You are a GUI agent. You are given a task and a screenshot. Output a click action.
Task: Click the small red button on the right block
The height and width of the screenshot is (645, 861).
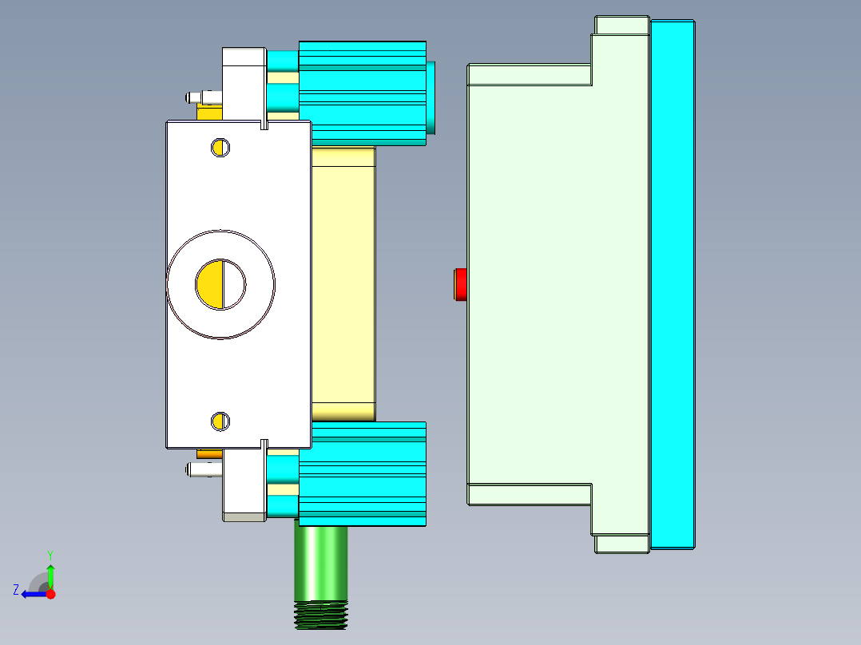tap(460, 285)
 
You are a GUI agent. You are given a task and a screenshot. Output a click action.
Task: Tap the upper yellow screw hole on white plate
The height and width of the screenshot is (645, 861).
tap(220, 147)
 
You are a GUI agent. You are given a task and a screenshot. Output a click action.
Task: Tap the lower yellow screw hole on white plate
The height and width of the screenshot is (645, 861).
tap(220, 421)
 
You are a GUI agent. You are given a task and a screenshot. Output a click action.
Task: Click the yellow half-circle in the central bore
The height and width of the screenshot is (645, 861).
tap(210, 284)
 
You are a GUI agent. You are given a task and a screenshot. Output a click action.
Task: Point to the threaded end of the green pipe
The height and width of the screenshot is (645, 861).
tap(321, 615)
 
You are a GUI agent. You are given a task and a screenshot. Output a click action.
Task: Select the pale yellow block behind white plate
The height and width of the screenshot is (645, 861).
tap(343, 283)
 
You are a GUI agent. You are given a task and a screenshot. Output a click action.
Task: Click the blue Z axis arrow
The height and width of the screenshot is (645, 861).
tap(32, 594)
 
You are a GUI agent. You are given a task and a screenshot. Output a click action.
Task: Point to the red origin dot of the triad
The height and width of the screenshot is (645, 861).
tap(50, 594)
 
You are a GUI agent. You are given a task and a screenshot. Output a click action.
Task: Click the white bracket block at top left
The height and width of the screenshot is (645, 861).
tap(244, 80)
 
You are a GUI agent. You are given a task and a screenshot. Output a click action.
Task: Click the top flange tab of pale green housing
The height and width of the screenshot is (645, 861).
tap(621, 26)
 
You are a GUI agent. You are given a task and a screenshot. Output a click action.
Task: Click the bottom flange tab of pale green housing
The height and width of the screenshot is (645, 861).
tap(621, 544)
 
